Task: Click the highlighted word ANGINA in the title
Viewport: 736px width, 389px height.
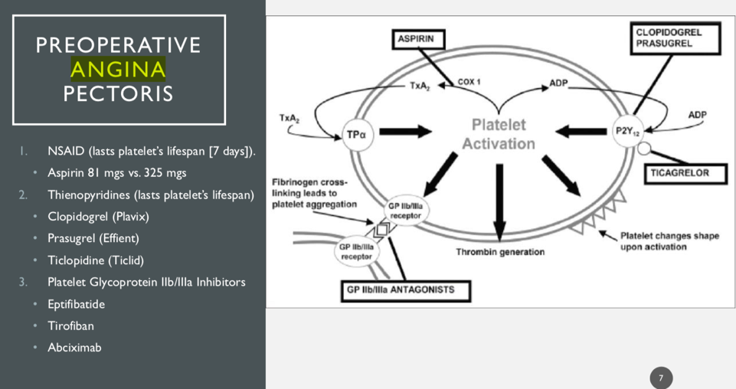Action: click(x=118, y=70)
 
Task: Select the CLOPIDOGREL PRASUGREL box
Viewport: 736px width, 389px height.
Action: click(x=677, y=38)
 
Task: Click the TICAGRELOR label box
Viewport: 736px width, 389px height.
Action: click(x=679, y=173)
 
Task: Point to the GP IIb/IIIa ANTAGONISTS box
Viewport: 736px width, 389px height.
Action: click(x=406, y=290)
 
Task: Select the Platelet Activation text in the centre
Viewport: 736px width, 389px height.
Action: click(x=499, y=134)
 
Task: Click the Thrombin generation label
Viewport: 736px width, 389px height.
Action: click(x=500, y=252)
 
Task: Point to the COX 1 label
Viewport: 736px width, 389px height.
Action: click(x=469, y=81)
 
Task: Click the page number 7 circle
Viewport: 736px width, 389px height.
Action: click(x=661, y=378)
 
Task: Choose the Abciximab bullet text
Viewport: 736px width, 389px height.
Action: click(x=74, y=348)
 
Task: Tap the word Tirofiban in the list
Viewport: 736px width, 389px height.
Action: click(x=70, y=325)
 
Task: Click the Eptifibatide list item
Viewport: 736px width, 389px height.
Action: click(x=76, y=304)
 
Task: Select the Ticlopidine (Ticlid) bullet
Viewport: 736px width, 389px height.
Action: click(x=96, y=260)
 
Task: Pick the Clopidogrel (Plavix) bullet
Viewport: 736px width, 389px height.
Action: click(x=98, y=217)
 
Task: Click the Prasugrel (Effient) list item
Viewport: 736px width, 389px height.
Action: click(x=93, y=238)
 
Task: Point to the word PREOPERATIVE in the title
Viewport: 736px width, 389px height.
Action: click(x=118, y=45)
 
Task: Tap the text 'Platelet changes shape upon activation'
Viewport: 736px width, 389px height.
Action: click(x=669, y=241)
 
